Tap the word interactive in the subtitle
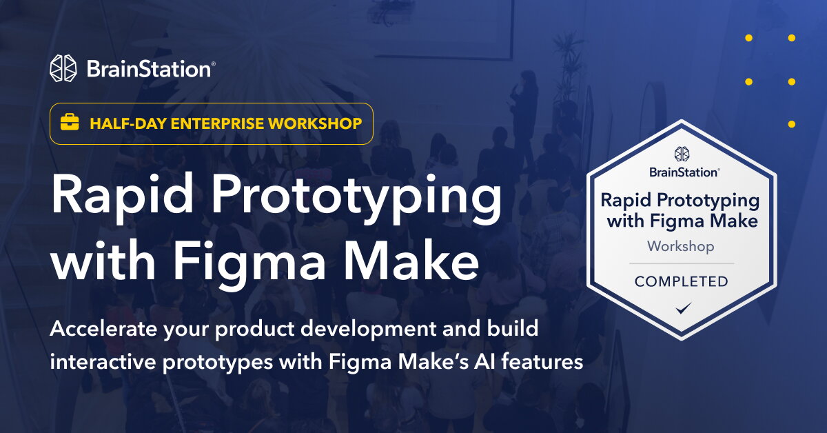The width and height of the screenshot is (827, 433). coord(100,361)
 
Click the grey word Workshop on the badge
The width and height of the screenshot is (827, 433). coord(680,246)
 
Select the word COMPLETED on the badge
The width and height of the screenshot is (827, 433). coord(681,281)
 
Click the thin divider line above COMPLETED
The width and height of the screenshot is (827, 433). coord(681,263)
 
